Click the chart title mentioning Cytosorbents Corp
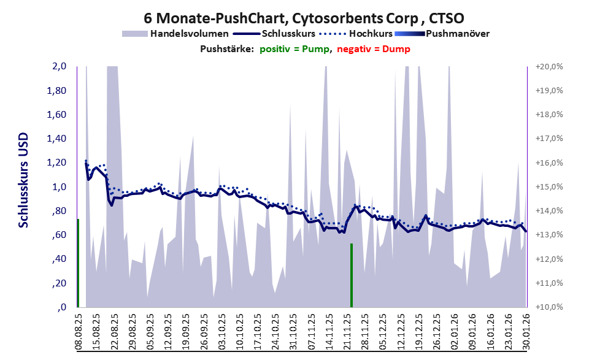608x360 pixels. [304, 17]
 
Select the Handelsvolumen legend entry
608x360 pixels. [189, 33]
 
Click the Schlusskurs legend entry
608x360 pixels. [288, 33]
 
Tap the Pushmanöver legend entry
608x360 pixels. [456, 33]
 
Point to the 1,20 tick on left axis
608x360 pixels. [57, 163]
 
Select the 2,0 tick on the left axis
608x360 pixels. [59, 66]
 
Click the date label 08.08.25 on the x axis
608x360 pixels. [79, 331]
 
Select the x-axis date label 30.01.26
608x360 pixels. [526, 331]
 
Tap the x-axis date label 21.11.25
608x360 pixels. [347, 331]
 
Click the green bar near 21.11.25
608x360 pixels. [351, 275]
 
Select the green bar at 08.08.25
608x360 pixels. [78, 262]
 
